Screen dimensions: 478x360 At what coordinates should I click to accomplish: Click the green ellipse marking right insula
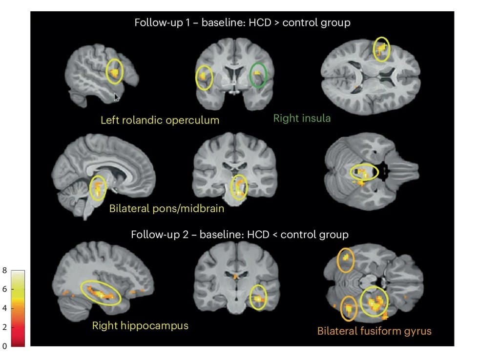tap(249, 75)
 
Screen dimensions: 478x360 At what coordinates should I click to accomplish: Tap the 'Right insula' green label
tap(302, 118)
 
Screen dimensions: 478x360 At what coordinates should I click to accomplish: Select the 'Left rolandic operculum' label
tap(160, 120)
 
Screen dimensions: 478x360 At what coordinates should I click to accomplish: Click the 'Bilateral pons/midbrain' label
tap(167, 208)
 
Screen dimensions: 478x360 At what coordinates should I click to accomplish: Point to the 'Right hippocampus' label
tap(140, 325)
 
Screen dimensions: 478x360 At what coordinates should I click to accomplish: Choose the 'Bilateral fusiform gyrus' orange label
tap(374, 331)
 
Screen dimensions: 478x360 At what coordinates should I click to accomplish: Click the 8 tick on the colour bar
tap(4, 270)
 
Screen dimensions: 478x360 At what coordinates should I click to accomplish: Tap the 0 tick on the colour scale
tap(4, 346)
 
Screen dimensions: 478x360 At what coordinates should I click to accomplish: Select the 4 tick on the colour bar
tap(4, 308)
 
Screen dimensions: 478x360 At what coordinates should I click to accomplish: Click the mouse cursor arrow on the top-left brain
tap(117, 97)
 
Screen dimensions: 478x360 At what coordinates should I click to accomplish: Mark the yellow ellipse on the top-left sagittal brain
tap(106, 72)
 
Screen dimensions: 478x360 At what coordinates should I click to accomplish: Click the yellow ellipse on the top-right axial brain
tap(374, 49)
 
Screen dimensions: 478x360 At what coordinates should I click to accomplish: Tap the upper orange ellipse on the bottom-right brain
tap(337, 260)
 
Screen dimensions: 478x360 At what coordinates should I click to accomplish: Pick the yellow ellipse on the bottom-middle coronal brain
tap(249, 298)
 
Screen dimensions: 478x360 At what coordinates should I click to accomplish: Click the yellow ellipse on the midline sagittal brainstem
tap(90, 188)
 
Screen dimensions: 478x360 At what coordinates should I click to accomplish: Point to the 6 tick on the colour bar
tap(4, 289)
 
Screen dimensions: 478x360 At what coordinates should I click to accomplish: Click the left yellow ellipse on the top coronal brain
tap(196, 78)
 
